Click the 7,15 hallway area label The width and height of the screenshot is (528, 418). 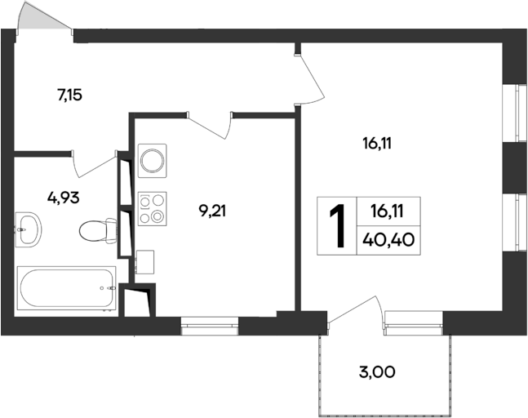click(69, 95)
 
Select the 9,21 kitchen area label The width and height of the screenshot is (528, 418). click(212, 211)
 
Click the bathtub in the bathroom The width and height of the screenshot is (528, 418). click(65, 288)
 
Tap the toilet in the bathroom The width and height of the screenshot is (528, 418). click(95, 232)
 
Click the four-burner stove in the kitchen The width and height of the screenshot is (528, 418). click(152, 207)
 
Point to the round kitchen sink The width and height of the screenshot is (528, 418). click(152, 159)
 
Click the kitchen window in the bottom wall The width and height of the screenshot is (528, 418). click(209, 325)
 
